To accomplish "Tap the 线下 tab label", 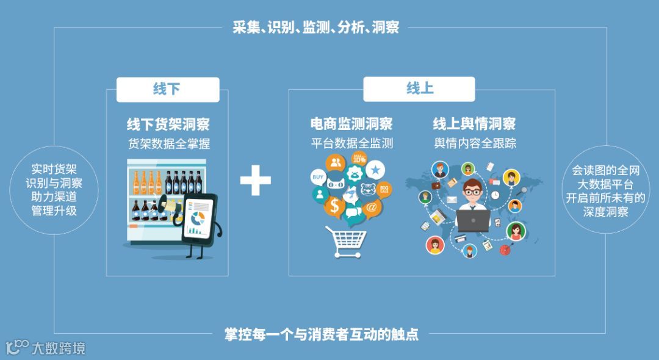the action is coord(167,89).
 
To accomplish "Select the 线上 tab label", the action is coord(420,89).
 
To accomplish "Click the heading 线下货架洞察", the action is coord(168,124).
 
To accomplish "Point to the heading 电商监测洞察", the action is coord(351,124).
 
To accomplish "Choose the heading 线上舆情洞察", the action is coord(474,124).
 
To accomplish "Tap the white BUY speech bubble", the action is coord(317,178).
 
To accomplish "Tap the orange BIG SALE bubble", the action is coord(384,187).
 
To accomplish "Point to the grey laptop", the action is coord(472,220).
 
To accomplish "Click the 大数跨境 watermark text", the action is coord(59,348).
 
